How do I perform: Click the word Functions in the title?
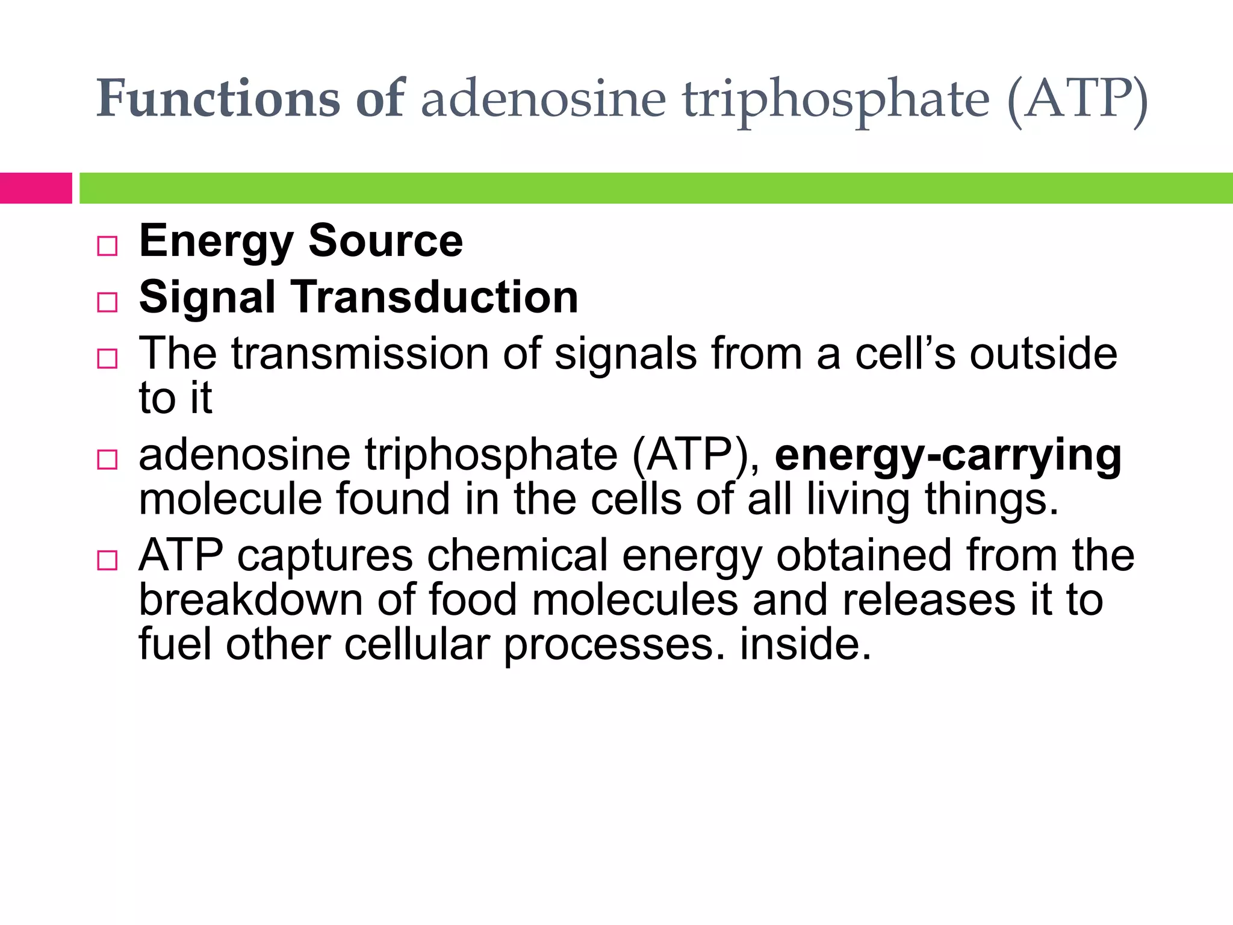tap(219, 98)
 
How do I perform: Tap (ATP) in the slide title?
tap(1077, 99)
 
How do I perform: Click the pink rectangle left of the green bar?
tap(36, 188)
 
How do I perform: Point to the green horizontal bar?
tap(656, 188)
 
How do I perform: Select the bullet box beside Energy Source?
tap(107, 246)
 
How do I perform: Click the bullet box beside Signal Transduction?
tap(107, 302)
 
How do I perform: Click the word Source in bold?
tap(385, 241)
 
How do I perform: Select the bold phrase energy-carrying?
tap(948, 456)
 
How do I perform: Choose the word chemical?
tap(517, 555)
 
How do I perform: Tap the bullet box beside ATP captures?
tap(107, 561)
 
